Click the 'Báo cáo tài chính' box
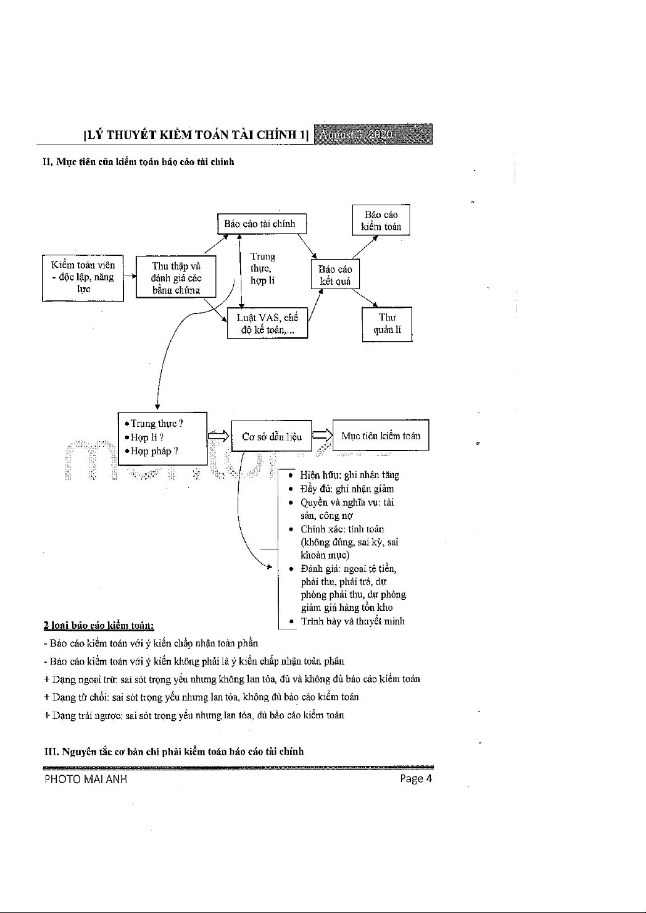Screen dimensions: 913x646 (x=262, y=223)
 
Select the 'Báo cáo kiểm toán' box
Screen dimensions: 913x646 (x=381, y=220)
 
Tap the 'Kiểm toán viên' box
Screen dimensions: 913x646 (x=83, y=277)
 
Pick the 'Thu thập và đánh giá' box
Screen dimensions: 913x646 (x=176, y=277)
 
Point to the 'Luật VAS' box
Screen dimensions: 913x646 (x=267, y=323)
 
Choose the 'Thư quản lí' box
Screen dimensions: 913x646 (x=387, y=324)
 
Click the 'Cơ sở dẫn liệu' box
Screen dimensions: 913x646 (x=271, y=437)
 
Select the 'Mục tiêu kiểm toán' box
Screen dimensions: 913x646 (x=381, y=436)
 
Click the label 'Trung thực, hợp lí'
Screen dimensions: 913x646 (x=263, y=268)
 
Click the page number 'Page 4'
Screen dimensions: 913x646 (x=416, y=779)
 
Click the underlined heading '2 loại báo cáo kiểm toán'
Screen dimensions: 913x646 (x=99, y=625)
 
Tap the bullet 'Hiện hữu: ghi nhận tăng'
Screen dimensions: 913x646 (x=350, y=476)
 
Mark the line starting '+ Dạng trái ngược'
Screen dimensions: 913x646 (x=194, y=715)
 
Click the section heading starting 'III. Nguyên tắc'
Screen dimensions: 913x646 (x=173, y=751)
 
